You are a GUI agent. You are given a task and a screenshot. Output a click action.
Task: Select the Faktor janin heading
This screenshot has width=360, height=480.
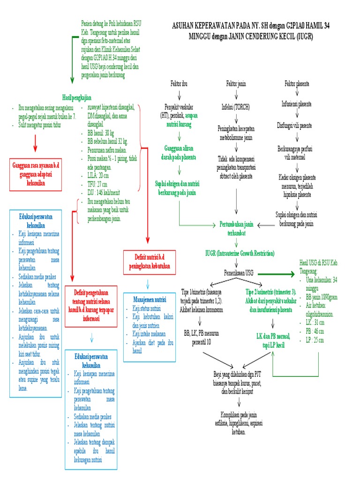coord(236,83)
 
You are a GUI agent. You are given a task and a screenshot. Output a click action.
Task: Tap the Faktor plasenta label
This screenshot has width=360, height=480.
coord(297,83)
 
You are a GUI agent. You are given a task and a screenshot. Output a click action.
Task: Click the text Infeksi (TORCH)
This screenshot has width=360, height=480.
coord(236,105)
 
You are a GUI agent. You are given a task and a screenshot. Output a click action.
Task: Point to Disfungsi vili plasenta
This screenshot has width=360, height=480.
coord(297,125)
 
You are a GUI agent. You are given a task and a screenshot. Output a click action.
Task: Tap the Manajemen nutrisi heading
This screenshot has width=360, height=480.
coord(150,299)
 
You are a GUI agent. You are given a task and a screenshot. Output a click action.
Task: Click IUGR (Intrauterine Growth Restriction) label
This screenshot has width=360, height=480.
coord(240,253)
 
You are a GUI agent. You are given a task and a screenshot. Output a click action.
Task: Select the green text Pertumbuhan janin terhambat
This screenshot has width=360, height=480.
coord(236,229)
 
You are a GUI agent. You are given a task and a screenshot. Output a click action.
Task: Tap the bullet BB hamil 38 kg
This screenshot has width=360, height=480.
coord(100,132)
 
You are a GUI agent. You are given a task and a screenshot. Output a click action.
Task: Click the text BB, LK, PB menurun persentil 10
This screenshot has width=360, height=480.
coord(202,337)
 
